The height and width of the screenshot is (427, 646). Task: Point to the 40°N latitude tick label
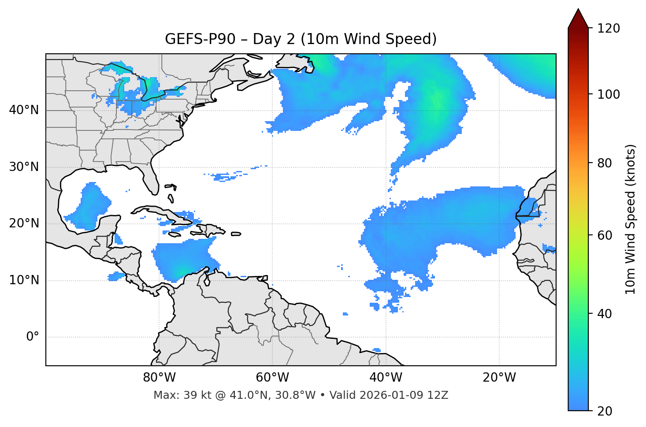tap(24, 110)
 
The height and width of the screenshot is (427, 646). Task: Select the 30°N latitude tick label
tap(24, 167)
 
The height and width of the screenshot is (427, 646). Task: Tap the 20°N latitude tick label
tap(24, 223)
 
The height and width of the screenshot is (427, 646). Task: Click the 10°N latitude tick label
tap(24, 280)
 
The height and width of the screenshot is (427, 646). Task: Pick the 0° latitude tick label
tap(33, 337)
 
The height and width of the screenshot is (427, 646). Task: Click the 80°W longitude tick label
tap(159, 378)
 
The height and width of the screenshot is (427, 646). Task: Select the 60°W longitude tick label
tap(272, 378)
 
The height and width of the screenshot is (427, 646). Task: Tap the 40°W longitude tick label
tap(386, 378)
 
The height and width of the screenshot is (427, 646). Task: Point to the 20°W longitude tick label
tap(499, 378)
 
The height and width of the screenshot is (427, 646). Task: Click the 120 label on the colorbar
tap(608, 29)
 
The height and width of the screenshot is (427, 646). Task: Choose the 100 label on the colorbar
tap(608, 94)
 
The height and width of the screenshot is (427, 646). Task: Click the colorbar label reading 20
tap(605, 411)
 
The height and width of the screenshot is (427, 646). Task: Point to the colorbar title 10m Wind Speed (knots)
tap(631, 219)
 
